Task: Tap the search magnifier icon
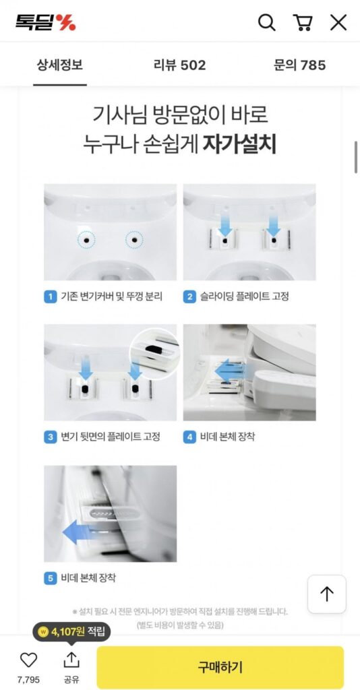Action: [x=267, y=22]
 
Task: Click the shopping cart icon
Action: [x=303, y=22]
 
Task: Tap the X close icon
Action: [x=338, y=22]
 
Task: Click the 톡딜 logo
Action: [x=45, y=22]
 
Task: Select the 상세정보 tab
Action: [x=60, y=65]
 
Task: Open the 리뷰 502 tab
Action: [x=179, y=65]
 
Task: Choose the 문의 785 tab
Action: [x=299, y=65]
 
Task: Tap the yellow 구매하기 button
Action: [x=220, y=667]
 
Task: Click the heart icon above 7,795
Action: [x=28, y=660]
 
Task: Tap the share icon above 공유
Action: [x=71, y=660]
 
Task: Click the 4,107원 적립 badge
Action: [x=71, y=632]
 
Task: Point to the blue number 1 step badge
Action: [x=51, y=296]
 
